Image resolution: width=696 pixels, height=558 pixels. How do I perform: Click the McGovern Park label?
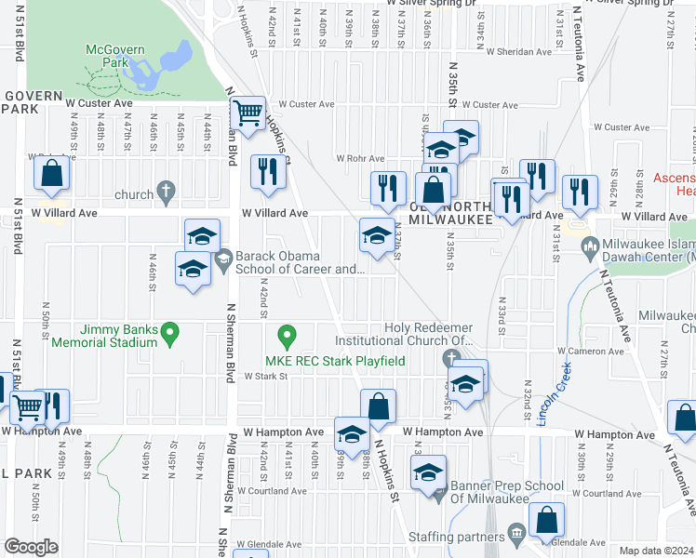click(111, 56)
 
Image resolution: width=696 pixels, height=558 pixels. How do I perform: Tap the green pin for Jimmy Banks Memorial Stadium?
click(169, 330)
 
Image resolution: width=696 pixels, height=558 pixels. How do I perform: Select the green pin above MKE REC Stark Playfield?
click(288, 332)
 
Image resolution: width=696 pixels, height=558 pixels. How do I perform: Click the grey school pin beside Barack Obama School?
click(222, 261)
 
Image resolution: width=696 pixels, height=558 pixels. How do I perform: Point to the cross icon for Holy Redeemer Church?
click(451, 358)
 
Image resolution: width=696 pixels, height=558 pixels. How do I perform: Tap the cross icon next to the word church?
click(166, 194)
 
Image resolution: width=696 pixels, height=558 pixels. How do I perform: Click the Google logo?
click(31, 547)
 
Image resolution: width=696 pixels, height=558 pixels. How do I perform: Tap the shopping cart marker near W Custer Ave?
click(248, 114)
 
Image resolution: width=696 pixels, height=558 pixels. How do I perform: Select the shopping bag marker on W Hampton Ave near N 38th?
click(378, 406)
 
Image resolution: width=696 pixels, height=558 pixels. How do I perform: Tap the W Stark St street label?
click(266, 377)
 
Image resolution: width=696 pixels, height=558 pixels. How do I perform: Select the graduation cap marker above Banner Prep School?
click(429, 472)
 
